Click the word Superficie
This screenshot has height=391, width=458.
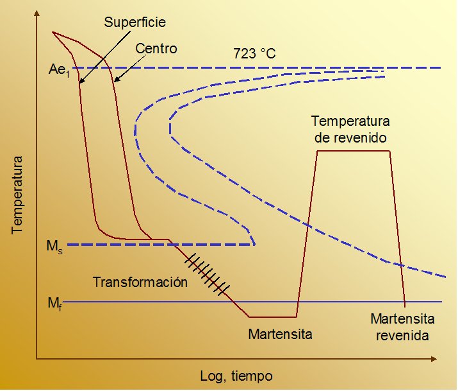(135, 22)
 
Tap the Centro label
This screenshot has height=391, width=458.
(156, 48)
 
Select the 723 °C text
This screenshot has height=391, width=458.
(254, 53)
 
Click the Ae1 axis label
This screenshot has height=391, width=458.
(60, 70)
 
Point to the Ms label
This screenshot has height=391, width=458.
(54, 247)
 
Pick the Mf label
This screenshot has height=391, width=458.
(55, 304)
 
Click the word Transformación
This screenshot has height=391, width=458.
(140, 282)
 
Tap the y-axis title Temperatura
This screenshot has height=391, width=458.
(17, 195)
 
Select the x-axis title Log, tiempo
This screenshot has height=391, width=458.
(236, 376)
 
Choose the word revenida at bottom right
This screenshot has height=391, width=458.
(402, 335)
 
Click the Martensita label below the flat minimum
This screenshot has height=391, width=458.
(280, 334)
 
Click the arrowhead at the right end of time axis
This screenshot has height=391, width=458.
(435, 359)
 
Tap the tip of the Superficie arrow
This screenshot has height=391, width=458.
(80, 83)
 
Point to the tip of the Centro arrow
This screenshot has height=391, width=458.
(115, 82)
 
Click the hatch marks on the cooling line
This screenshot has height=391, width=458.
(207, 274)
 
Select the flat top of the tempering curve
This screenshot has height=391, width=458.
(354, 151)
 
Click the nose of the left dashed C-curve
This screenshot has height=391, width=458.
(135, 129)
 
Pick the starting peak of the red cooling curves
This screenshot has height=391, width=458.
(53, 32)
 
